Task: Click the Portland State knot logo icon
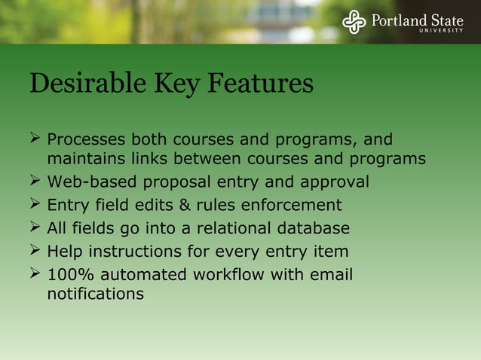pos(354,22)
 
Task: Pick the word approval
pos(335,182)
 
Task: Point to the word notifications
pos(95,294)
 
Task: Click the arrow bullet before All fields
pos(35,227)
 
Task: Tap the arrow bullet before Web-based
pos(35,182)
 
